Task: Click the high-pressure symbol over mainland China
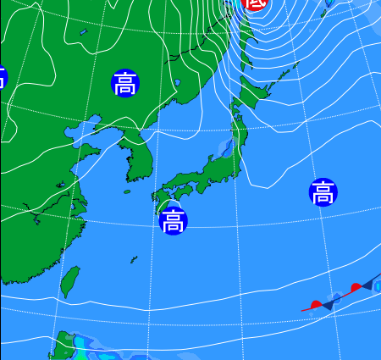(x=124, y=83)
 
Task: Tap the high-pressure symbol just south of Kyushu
(x=173, y=221)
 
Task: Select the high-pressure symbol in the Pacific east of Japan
(x=323, y=192)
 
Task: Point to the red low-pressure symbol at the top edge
(x=255, y=3)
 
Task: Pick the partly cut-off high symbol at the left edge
(x=2, y=79)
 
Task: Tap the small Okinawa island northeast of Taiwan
(x=134, y=258)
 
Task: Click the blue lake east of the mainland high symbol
(x=177, y=83)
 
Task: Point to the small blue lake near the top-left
(x=83, y=33)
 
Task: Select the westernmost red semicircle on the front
(x=316, y=303)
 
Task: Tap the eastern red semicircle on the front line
(x=356, y=287)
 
